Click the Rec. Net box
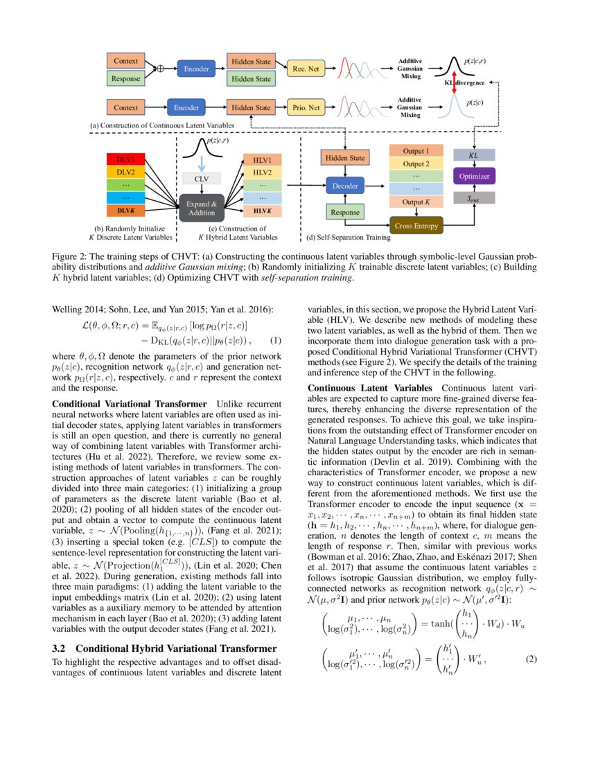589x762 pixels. click(x=305, y=69)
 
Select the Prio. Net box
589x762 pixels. click(x=305, y=107)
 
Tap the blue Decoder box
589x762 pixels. click(x=344, y=186)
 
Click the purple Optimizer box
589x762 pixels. click(x=473, y=177)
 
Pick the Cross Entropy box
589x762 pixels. click(x=416, y=226)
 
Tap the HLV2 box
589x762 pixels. click(x=262, y=172)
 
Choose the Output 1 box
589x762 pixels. click(x=416, y=151)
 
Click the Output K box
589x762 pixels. click(x=416, y=202)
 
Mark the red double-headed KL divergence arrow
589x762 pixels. click(x=455, y=82)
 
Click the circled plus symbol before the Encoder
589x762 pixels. click(x=160, y=69)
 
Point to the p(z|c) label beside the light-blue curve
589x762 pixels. click(x=475, y=102)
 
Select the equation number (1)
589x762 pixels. click(x=275, y=341)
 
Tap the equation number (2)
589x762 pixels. click(x=531, y=657)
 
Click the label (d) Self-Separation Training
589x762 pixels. click(x=348, y=238)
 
